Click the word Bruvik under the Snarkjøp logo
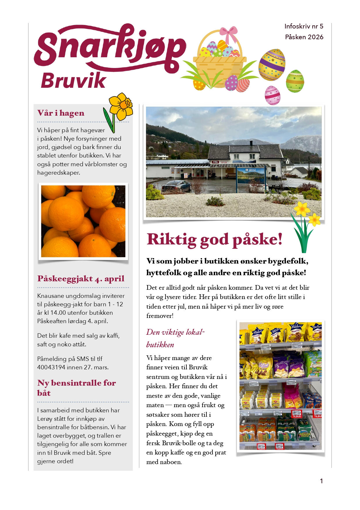pyautogui.click(x=73, y=80)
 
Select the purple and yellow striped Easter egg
pyautogui.click(x=272, y=65)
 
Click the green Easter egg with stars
pyautogui.click(x=295, y=81)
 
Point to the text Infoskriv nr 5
pyautogui.click(x=304, y=26)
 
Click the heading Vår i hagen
pyautogui.click(x=61, y=113)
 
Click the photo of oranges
pyautogui.click(x=83, y=221)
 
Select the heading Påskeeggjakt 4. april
pyautogui.click(x=81, y=278)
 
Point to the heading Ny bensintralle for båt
pyautogui.click(x=76, y=388)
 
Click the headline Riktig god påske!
pyautogui.click(x=215, y=239)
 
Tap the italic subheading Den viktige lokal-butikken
pyautogui.click(x=175, y=338)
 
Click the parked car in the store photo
pyautogui.click(x=176, y=186)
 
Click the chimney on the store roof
pyautogui.click(x=251, y=143)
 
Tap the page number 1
pyautogui.click(x=321, y=481)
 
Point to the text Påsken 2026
pyautogui.click(x=304, y=37)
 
